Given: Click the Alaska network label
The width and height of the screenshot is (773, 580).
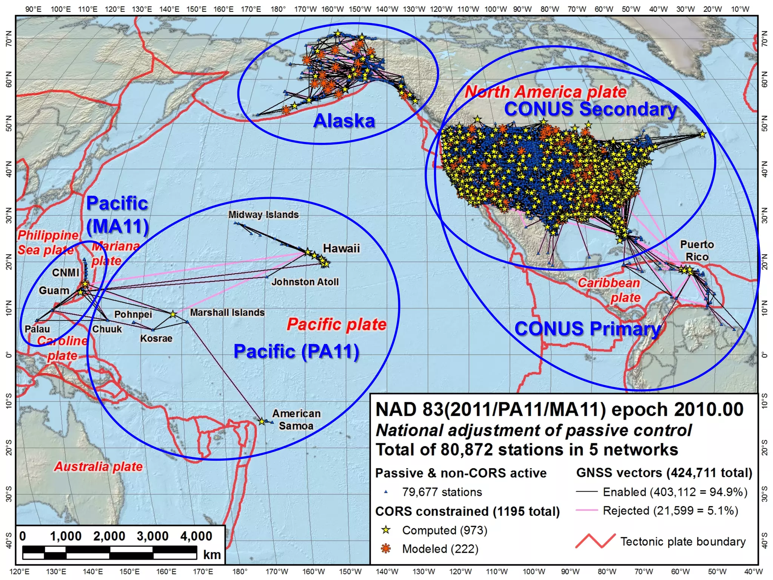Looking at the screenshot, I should pyautogui.click(x=344, y=121).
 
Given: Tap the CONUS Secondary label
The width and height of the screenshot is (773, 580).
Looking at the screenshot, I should pyautogui.click(x=591, y=109).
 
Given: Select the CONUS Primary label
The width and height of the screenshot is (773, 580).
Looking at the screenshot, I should pyautogui.click(x=588, y=329).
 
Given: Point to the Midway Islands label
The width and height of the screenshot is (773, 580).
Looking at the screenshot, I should pyautogui.click(x=263, y=214).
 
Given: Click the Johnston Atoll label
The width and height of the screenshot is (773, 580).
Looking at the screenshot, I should pyautogui.click(x=305, y=282).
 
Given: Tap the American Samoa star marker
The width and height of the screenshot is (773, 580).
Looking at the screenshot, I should pyautogui.click(x=262, y=421).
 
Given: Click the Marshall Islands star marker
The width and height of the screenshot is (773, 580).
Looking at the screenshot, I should pyautogui.click(x=173, y=314).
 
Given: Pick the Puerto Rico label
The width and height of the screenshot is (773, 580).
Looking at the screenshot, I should pyautogui.click(x=697, y=250).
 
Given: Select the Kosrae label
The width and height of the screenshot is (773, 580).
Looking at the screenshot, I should pyautogui.click(x=156, y=338).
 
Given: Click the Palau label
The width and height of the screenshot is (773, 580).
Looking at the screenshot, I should pyautogui.click(x=37, y=329).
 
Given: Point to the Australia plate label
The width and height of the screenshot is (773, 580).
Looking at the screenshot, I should pyautogui.click(x=99, y=467).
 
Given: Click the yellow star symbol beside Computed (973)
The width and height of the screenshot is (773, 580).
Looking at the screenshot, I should pyautogui.click(x=385, y=530).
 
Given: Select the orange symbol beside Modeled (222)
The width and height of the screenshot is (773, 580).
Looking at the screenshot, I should pyautogui.click(x=385, y=549).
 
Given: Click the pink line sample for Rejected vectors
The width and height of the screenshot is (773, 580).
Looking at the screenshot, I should pyautogui.click(x=587, y=511).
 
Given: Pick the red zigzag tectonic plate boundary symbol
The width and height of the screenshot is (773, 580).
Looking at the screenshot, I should pyautogui.click(x=595, y=541).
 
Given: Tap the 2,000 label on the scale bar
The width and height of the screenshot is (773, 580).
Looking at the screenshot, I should pyautogui.click(x=109, y=536).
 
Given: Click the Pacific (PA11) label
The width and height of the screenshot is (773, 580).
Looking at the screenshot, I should pyautogui.click(x=296, y=351).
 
